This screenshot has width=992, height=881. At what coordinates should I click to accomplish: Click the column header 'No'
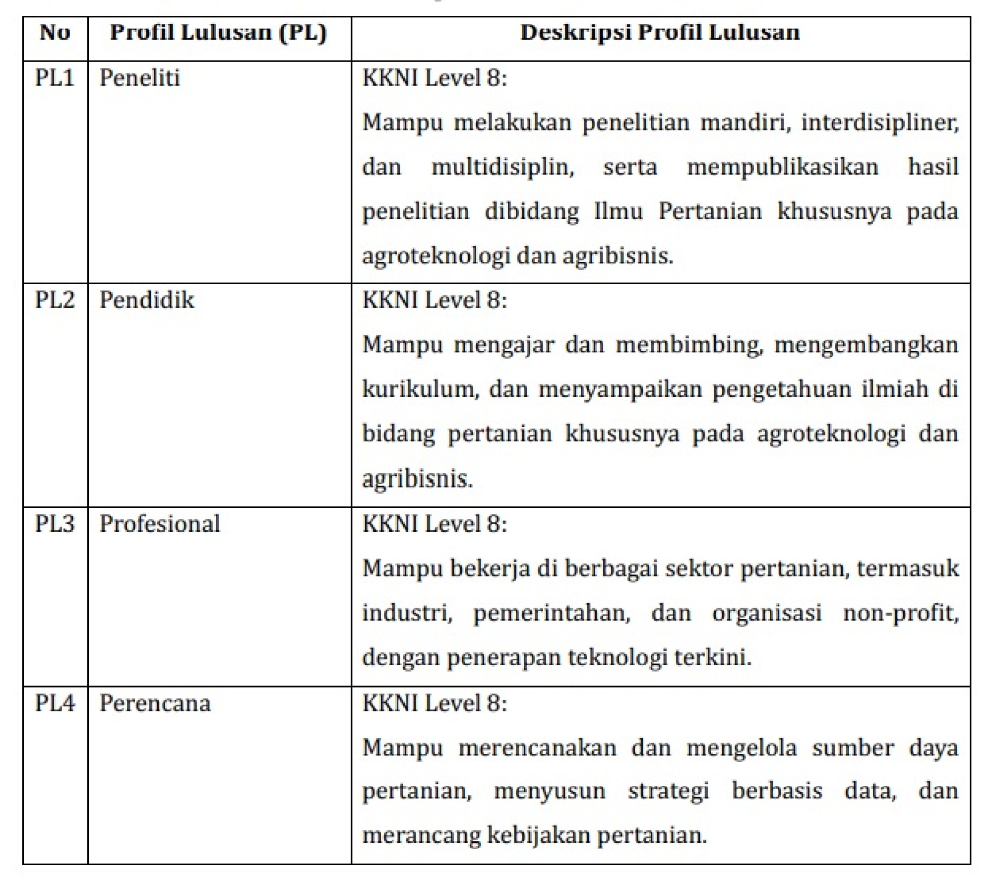55,33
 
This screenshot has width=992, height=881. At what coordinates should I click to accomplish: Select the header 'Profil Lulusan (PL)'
218,33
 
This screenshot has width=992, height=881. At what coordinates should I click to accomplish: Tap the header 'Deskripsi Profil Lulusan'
660,33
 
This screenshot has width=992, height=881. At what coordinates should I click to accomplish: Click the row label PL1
55,78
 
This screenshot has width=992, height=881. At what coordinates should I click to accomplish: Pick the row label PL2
55,300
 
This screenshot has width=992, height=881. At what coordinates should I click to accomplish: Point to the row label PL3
55,524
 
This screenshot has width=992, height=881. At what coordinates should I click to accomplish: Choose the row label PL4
55,703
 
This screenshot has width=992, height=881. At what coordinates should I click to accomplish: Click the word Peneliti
139,78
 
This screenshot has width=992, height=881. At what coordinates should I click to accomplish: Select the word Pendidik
147,300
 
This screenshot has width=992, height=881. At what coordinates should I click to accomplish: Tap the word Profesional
160,524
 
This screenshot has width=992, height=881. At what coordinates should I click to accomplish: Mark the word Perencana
155,703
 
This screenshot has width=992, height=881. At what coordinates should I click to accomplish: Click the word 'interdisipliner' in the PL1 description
879,123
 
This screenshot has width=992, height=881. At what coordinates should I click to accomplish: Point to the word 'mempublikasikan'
782,167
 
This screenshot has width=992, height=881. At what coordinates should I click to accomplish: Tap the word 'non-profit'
900,613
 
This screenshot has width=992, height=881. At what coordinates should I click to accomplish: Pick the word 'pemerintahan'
552,613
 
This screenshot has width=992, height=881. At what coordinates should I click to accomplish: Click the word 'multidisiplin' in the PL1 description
502,167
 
